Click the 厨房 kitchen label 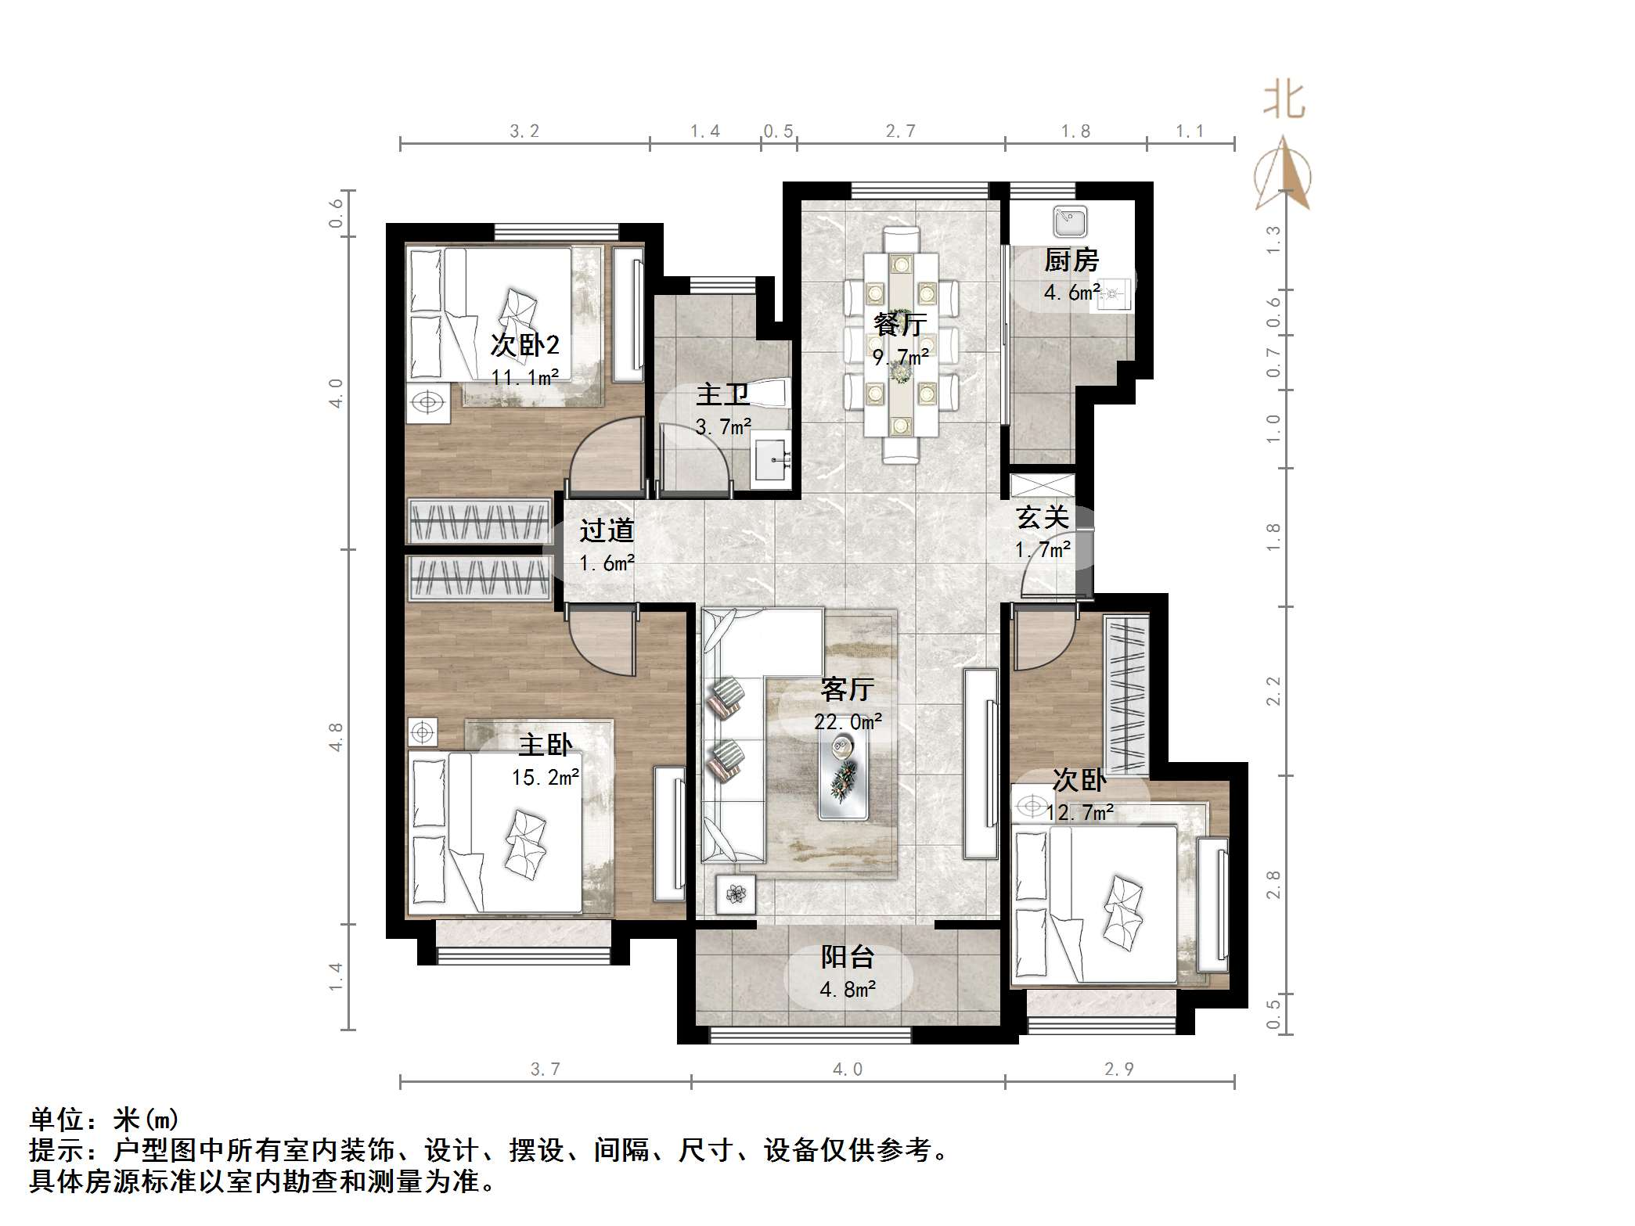coord(1071,261)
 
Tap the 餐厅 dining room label coord(900,324)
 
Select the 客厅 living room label coord(847,689)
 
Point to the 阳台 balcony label coord(847,957)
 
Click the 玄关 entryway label coord(1043,517)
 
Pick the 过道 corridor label coord(607,530)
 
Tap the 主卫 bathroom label coord(722,394)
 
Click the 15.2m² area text coord(546,777)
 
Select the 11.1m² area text coord(524,377)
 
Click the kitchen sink coord(1070,221)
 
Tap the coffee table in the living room coord(843,777)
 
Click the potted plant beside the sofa coord(736,893)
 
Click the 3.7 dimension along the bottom coord(546,1069)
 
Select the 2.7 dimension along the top coord(900,131)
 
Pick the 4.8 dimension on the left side coord(336,737)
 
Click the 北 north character coord(1284,101)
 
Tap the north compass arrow coord(1284,174)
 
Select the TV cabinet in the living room coord(981,764)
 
